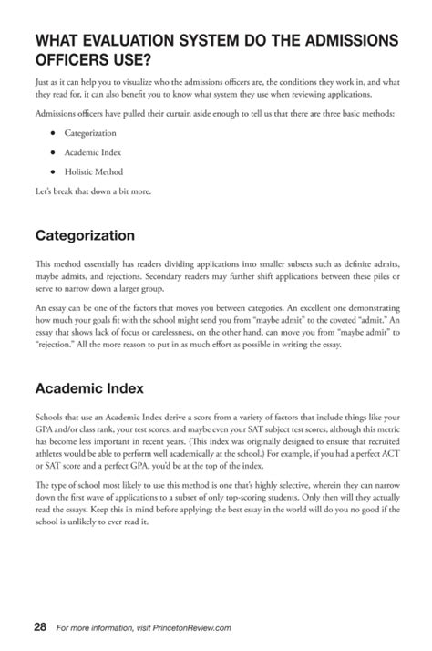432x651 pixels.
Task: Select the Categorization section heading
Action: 85,235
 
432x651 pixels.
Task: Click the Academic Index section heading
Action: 89,387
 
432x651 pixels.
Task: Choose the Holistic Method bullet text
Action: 94,171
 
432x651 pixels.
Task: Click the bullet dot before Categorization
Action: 54,133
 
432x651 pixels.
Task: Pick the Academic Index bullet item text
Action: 93,152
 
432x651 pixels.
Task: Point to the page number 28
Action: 40,626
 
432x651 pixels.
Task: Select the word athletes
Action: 53,453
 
